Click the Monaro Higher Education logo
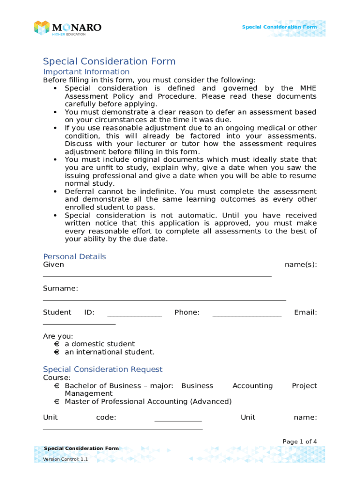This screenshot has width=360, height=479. pos(67,28)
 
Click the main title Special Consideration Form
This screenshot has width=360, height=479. pos(109,61)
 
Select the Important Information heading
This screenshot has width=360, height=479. pos(86,72)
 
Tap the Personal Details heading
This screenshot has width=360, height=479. pos(74,256)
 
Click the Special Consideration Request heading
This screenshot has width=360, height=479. pos(102,369)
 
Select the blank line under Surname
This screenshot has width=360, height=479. pos(164,299)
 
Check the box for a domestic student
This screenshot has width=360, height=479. pos(56,344)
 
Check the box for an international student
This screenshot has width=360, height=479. pos(56,352)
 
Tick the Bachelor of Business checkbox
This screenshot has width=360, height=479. pos(56,386)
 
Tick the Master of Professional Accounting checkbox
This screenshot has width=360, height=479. pos(56,402)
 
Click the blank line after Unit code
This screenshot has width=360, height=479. pos(178,421)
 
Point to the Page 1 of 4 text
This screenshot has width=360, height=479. pos(300,442)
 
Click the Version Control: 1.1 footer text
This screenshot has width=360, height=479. pos(65,459)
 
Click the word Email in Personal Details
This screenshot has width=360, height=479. pos(305,312)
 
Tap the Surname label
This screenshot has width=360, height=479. pos(60,288)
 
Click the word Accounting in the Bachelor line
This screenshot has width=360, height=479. pos(252,385)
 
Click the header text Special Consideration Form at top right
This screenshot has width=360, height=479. pos(279,27)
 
